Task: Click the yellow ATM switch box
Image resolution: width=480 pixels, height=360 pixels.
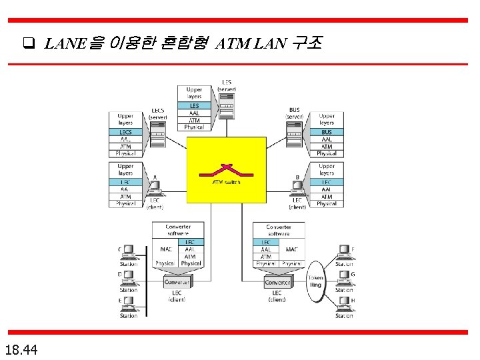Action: point(226,169)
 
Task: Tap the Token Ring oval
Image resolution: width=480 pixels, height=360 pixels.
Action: point(315,281)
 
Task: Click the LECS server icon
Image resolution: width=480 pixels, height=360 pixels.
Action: point(159,137)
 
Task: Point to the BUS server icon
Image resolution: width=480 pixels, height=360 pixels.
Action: point(295,137)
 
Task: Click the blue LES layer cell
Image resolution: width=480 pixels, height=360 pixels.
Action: point(194,105)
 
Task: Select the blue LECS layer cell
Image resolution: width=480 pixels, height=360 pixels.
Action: point(125,132)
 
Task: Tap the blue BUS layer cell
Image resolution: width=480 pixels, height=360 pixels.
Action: point(327,132)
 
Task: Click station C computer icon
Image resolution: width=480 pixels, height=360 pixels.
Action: point(129,253)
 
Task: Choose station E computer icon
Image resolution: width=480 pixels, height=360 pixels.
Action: point(129,305)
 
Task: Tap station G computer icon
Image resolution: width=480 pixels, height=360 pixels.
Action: point(344,278)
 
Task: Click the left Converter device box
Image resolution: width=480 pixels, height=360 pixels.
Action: point(177,283)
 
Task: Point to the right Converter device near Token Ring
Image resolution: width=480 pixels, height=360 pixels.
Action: point(277,283)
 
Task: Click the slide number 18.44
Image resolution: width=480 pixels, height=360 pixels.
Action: point(21,349)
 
